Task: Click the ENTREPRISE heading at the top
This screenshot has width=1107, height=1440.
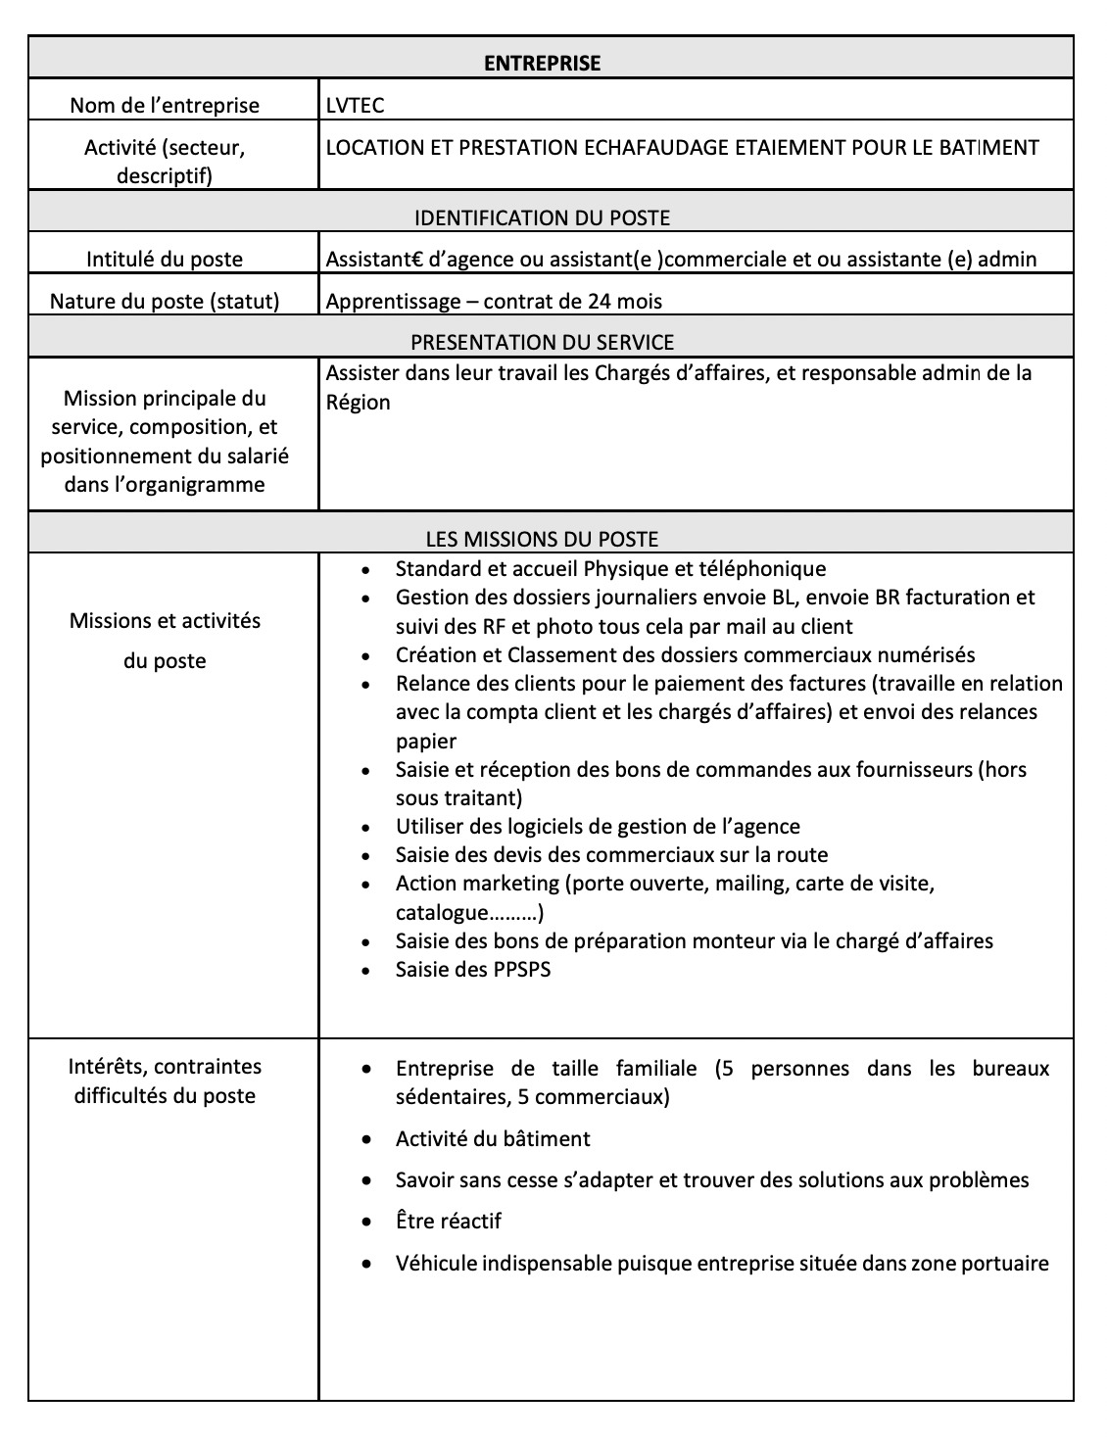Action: pyautogui.click(x=542, y=64)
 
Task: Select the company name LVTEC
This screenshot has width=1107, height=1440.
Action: pyautogui.click(x=355, y=106)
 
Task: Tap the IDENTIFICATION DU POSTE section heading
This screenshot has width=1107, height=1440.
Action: pyautogui.click(x=542, y=217)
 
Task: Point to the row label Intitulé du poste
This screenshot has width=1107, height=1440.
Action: pyautogui.click(x=165, y=260)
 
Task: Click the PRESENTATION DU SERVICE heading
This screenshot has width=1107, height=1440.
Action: pyautogui.click(x=542, y=343)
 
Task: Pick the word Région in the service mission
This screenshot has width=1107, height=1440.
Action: pyautogui.click(x=358, y=403)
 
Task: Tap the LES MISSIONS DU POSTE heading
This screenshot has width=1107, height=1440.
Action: pyautogui.click(x=542, y=539)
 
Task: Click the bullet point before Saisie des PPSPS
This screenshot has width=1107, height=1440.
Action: pyautogui.click(x=365, y=971)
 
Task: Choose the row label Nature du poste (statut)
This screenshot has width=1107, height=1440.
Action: pyautogui.click(x=165, y=302)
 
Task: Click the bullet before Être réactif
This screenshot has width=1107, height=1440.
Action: pyautogui.click(x=365, y=1223)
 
